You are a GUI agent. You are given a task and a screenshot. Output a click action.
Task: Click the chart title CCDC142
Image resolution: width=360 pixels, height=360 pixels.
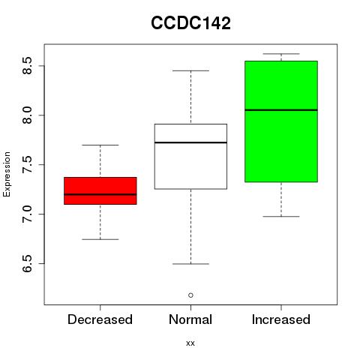[x=190, y=23]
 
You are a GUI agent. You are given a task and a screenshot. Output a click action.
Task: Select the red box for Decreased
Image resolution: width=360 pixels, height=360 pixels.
[x=100, y=190]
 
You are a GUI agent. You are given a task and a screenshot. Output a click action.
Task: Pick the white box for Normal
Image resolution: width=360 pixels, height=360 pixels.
[x=190, y=157]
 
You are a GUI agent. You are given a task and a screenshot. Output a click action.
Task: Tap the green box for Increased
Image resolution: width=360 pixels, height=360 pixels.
[x=281, y=121]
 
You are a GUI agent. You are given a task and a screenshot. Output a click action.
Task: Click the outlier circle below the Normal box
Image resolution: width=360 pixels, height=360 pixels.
[x=190, y=295]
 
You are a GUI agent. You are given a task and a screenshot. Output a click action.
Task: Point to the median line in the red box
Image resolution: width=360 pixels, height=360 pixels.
[x=100, y=194]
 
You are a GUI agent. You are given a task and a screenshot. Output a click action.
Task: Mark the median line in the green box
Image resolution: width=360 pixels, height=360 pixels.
[x=281, y=109]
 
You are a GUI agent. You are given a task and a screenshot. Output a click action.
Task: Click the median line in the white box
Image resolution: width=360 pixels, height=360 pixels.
[x=190, y=142]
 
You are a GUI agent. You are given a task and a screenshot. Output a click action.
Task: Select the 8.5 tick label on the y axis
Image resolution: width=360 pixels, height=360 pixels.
[x=27, y=66]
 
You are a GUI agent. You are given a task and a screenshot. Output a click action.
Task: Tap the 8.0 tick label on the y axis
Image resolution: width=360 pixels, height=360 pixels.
[x=27, y=115]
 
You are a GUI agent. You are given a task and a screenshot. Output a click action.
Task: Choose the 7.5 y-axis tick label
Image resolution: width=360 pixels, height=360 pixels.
[x=27, y=165]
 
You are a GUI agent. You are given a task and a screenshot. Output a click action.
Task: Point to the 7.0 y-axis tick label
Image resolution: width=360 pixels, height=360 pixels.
[x=27, y=214]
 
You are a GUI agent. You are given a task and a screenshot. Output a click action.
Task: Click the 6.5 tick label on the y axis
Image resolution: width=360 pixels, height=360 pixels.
[x=27, y=264]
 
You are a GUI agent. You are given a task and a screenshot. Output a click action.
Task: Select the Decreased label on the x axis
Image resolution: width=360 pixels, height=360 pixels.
[x=100, y=319]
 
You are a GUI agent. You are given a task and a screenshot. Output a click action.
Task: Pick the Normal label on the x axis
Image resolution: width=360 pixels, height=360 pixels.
[x=190, y=319]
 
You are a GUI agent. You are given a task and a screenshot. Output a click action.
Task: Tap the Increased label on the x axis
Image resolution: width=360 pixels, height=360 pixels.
[x=281, y=319]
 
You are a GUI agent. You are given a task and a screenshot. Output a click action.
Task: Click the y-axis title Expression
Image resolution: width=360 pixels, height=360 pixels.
[x=7, y=174]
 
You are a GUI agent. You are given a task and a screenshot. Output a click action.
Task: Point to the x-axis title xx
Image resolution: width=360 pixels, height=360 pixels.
[x=190, y=343]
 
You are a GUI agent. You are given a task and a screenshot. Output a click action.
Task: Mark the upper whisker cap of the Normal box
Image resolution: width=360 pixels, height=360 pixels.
[x=190, y=70]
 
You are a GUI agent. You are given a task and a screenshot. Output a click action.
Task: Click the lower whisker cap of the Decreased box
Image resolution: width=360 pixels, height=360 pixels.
[x=100, y=239]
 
